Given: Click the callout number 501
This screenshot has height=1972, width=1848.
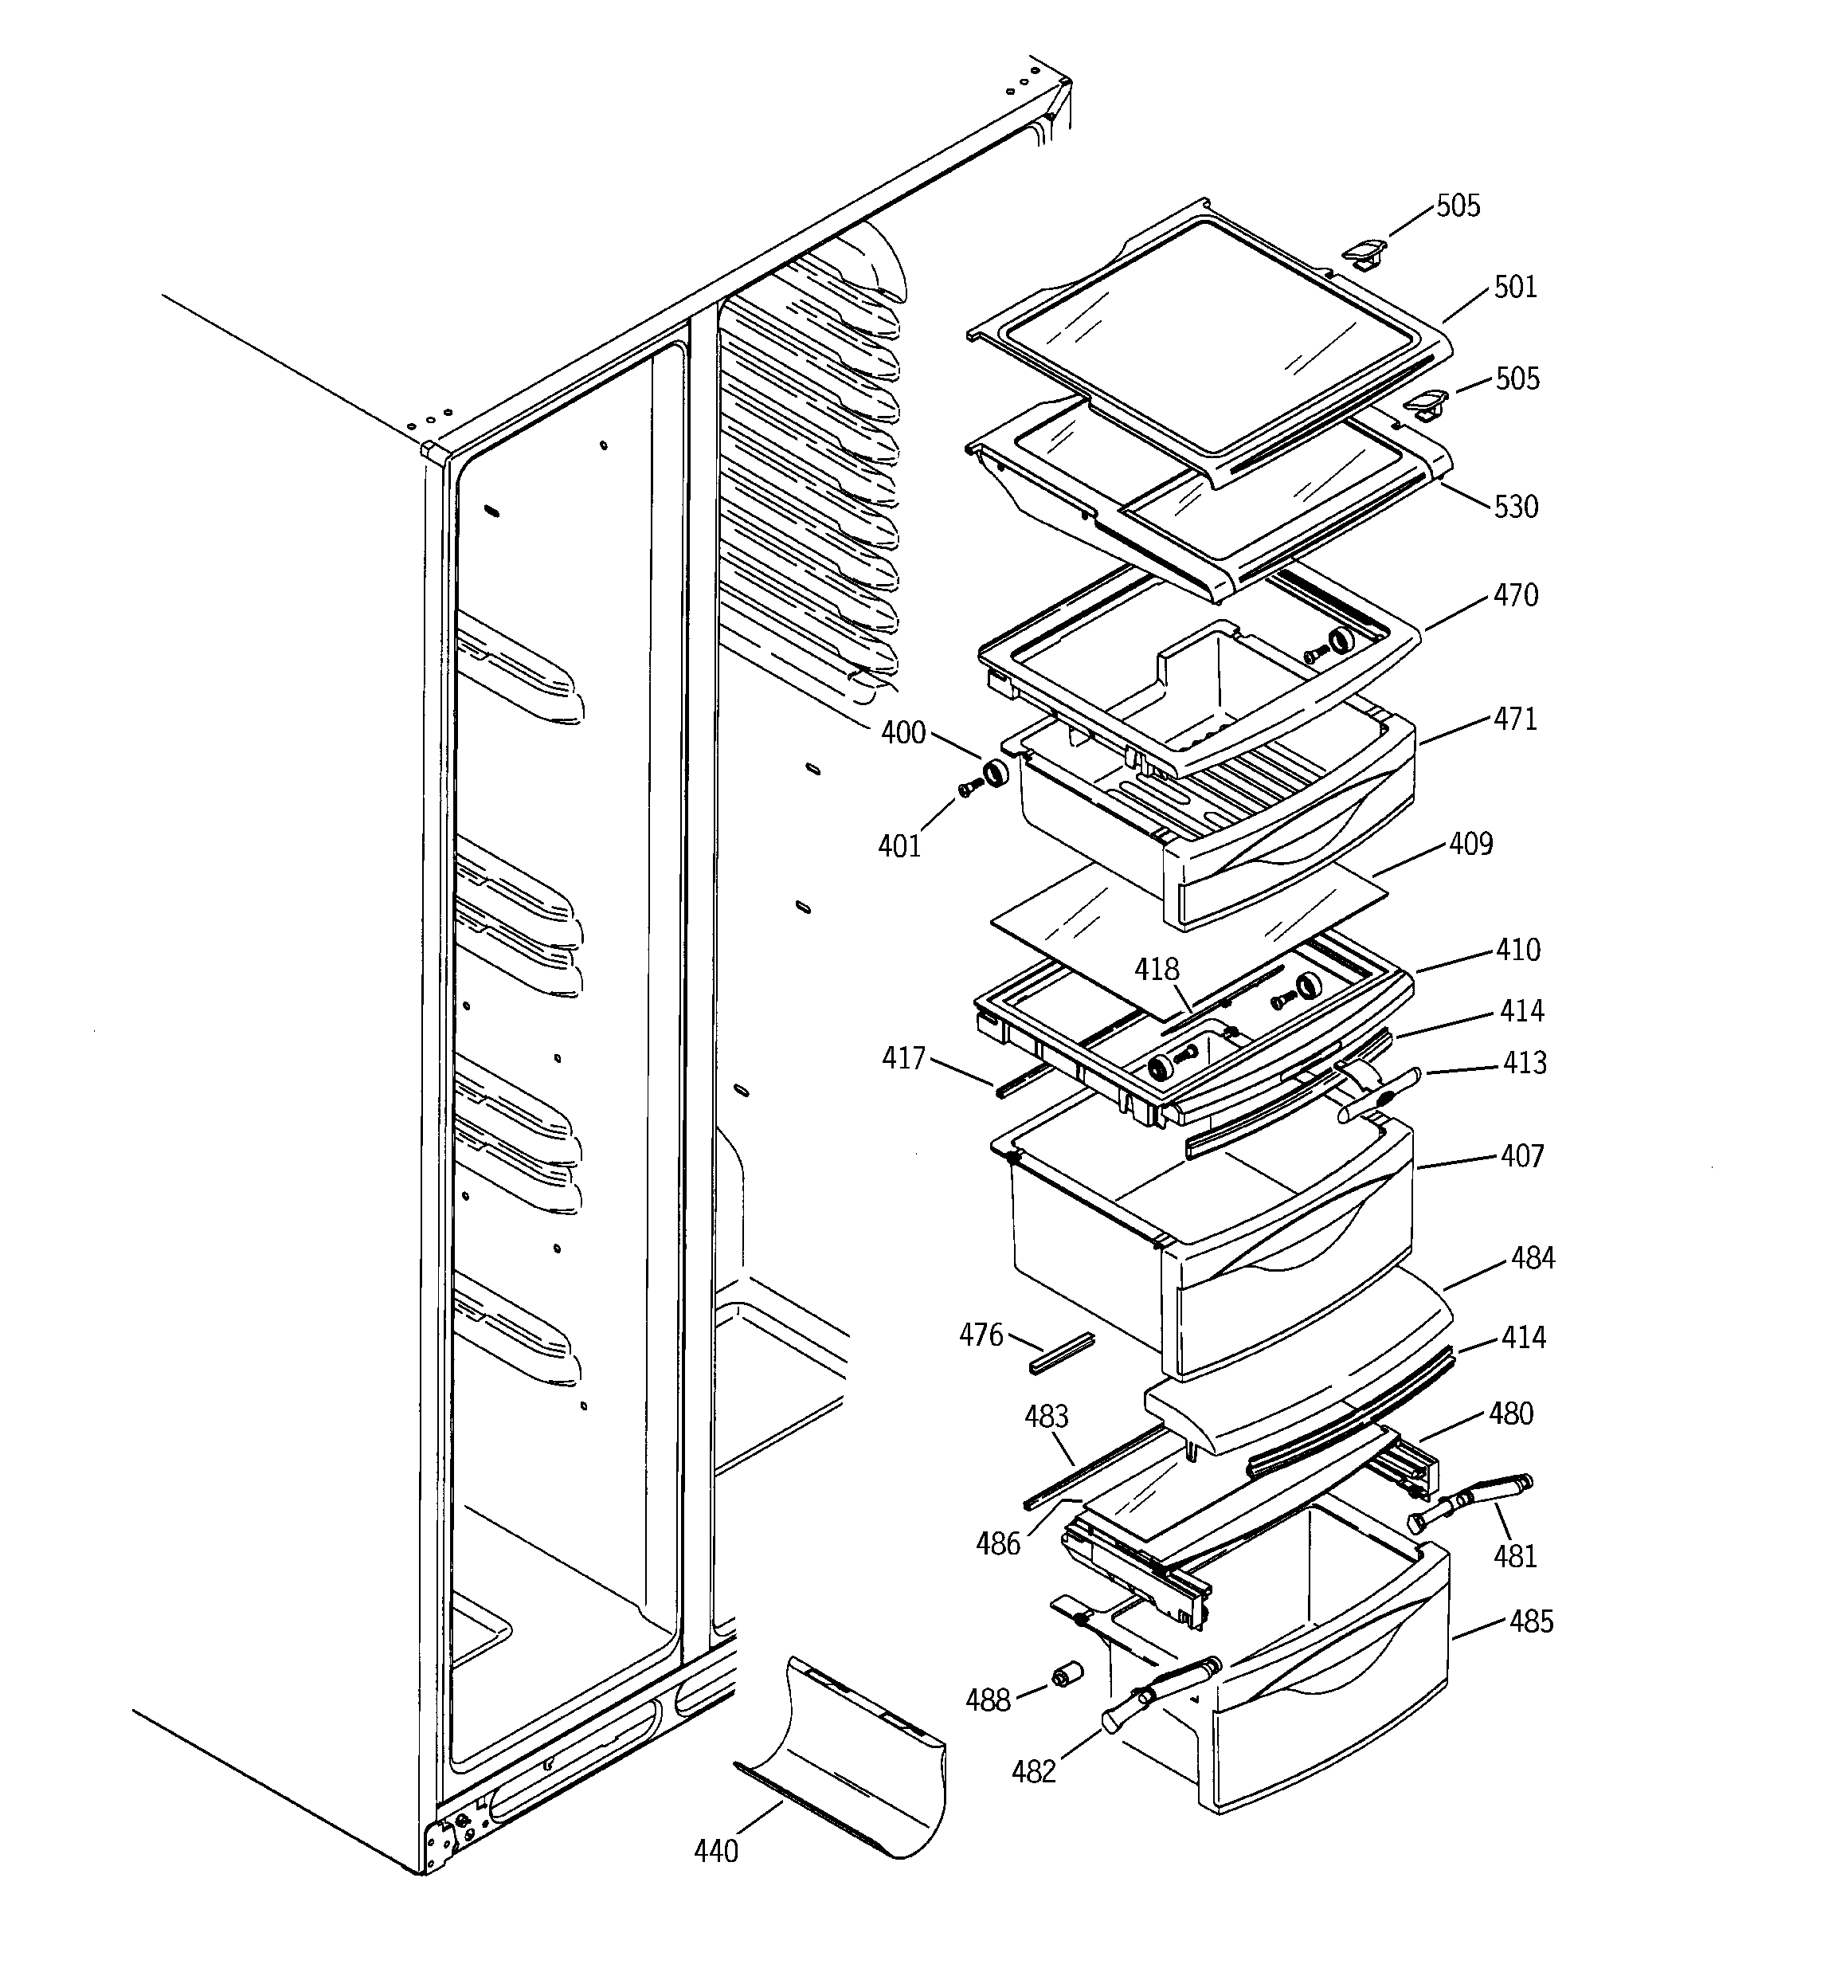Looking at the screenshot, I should pos(1515,288).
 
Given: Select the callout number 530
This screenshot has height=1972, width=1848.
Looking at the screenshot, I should pos(1516,507).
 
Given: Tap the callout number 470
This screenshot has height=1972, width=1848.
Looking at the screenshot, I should pos(1516,596).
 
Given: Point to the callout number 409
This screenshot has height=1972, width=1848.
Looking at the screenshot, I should pos(1470,844).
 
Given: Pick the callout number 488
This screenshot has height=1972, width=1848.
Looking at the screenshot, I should pos(987,1700).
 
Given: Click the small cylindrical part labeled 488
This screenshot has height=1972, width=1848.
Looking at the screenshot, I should pos(1067,1675).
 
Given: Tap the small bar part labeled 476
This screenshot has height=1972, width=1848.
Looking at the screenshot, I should pos(1060,1353).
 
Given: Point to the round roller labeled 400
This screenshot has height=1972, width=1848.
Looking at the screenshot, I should pos(994,773).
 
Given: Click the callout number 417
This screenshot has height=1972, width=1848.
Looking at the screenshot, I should pos(902,1058).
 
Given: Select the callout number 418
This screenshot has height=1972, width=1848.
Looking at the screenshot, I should pos(1157,969).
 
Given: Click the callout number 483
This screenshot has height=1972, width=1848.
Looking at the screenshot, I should pos(1047,1417).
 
